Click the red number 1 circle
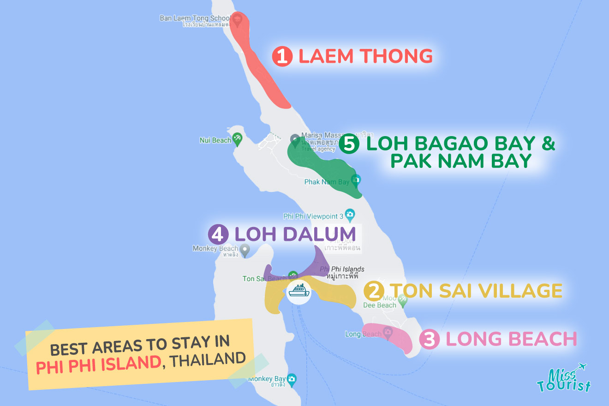click(x=282, y=56)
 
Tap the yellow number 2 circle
click(x=374, y=291)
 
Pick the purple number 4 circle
click(x=218, y=234)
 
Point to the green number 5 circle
click(x=349, y=144)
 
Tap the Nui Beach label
click(x=215, y=140)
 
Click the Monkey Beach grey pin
click(x=245, y=251)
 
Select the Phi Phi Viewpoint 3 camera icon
click(x=350, y=214)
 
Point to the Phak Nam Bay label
click(x=327, y=182)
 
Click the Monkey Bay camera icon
click(x=291, y=380)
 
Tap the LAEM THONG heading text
click(x=365, y=56)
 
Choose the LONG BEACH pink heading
click(x=511, y=340)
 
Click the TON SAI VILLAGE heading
click(x=476, y=291)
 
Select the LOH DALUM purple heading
click(x=295, y=234)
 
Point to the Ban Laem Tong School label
click(x=194, y=18)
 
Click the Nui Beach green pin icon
click(x=238, y=138)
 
